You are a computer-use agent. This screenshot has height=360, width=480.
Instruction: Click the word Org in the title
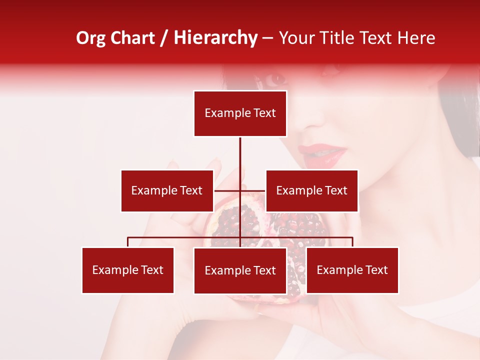coord(91,38)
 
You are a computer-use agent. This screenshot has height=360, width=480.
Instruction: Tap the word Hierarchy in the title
coord(215,38)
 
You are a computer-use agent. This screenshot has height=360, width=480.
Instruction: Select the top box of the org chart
coord(240,113)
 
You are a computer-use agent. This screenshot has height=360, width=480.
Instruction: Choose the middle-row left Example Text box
coord(167,190)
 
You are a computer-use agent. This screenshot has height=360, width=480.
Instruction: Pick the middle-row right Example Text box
coord(311,190)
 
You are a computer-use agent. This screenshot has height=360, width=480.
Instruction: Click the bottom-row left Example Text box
coord(128,270)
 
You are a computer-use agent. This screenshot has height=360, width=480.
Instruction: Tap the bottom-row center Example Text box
coord(240,270)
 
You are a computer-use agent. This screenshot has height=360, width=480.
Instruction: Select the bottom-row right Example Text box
coord(352,270)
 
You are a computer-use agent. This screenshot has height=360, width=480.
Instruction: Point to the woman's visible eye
coord(275,78)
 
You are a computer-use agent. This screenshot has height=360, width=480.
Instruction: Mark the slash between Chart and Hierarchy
coord(164,38)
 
